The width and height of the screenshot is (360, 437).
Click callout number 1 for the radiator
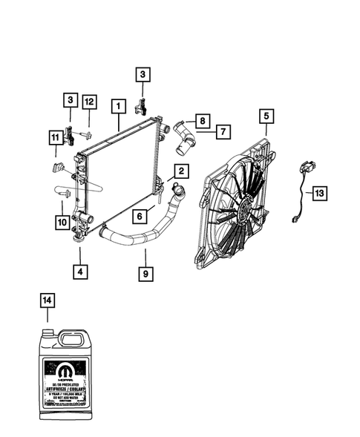click(117, 106)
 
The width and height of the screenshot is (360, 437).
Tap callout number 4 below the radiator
click(79, 272)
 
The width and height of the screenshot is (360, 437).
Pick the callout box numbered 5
click(266, 116)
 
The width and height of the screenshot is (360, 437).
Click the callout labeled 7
click(223, 131)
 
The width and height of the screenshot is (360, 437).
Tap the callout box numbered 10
click(62, 220)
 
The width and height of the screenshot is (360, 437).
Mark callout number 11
click(55, 137)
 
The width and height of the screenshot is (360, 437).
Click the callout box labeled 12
click(89, 101)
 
